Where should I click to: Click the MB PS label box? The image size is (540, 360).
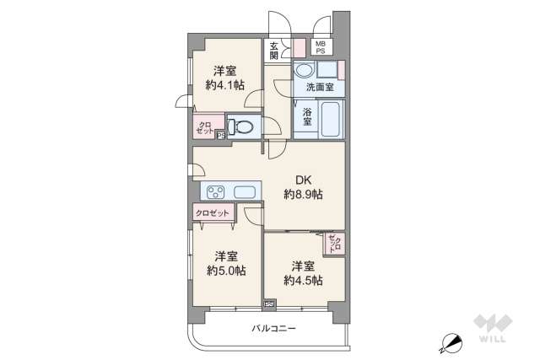pos(321,48)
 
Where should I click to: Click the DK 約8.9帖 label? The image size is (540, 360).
pos(303,186)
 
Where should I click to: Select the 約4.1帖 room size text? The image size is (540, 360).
pos(225,84)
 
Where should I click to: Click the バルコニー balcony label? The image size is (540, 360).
pos(273,328)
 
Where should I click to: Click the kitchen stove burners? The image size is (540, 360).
pos(213,191)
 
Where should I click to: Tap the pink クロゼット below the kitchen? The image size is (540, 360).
pos(213,213)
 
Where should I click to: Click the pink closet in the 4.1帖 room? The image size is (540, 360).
pos(203,127)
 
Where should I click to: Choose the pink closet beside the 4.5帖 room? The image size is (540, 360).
pos(334,244)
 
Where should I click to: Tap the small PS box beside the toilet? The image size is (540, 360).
pos(221,133)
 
